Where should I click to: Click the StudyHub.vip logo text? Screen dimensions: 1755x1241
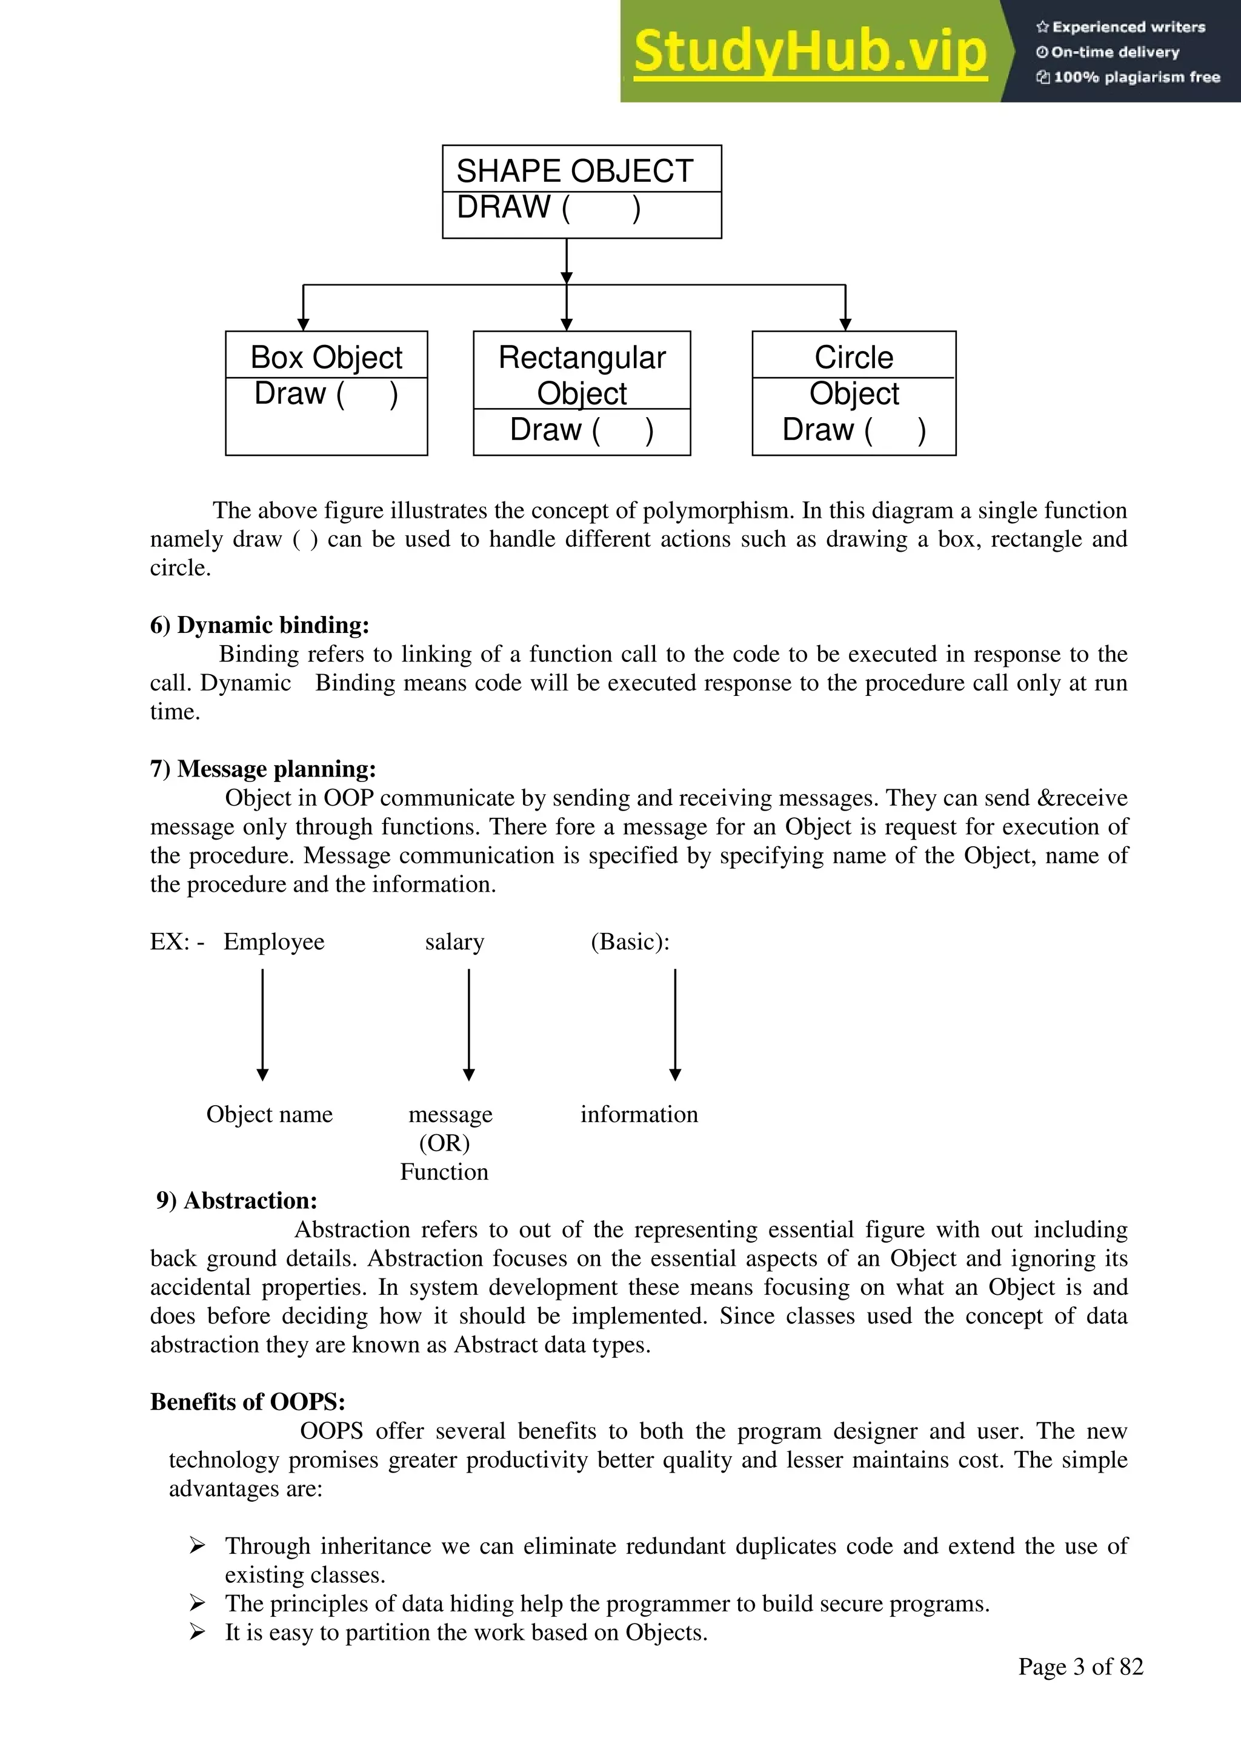tap(810, 52)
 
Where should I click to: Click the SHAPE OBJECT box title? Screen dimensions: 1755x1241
tap(574, 170)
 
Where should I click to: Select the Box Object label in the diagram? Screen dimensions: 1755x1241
tap(326, 357)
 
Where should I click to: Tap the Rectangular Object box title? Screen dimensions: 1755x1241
tap(582, 375)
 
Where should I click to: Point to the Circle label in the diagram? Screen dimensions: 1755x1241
tap(854, 357)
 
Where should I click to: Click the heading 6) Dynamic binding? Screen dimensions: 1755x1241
tap(260, 624)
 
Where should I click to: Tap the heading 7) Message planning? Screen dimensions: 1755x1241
tap(263, 768)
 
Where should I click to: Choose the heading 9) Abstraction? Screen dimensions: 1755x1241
tap(237, 1200)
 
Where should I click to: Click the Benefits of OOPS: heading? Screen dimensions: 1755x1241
tap(248, 1401)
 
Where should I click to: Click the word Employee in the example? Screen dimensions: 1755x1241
tap(273, 941)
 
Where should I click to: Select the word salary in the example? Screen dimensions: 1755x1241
tap(454, 941)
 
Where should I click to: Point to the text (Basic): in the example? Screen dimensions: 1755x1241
tap(630, 941)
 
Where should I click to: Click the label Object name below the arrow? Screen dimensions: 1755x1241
tap(269, 1114)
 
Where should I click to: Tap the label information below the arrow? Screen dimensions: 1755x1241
tap(639, 1114)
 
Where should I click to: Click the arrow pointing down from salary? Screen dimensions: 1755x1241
tap(469, 1025)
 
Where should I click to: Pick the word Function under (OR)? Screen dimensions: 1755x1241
tap(444, 1171)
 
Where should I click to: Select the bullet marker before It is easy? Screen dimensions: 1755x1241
tap(197, 1632)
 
